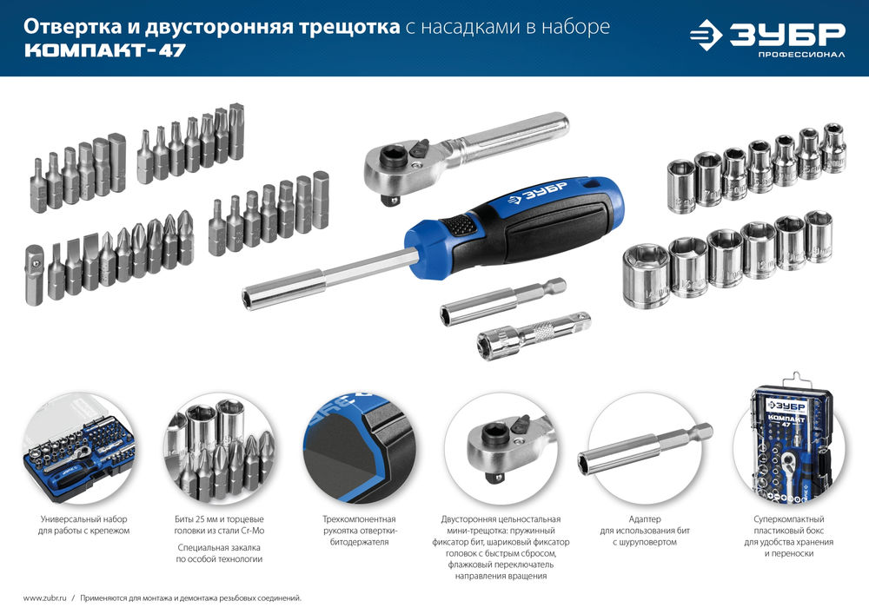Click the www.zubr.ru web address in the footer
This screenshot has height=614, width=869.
click(43, 597)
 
